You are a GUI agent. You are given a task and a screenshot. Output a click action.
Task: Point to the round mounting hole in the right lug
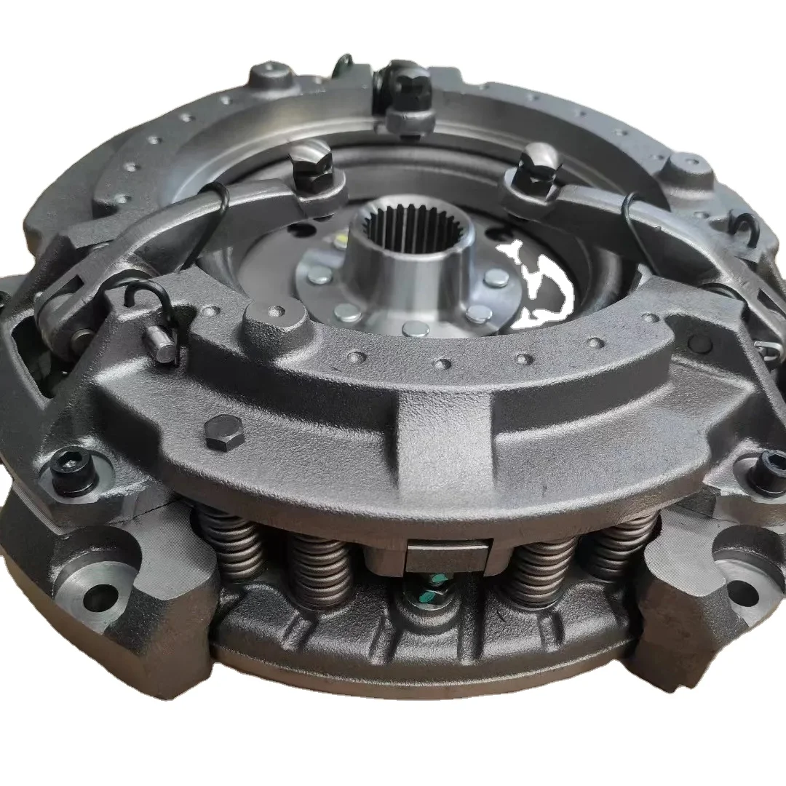742,591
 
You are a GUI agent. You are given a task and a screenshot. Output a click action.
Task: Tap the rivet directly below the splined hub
416,329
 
